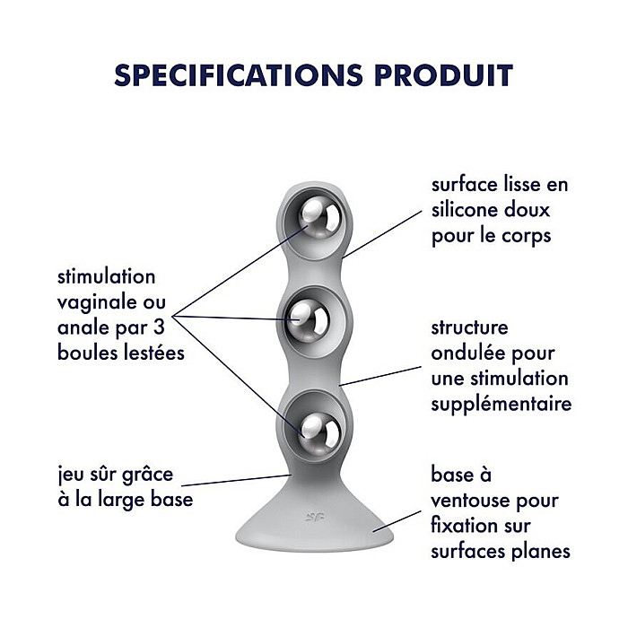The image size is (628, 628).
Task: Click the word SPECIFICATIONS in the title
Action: [239, 74]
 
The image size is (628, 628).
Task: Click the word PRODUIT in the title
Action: [443, 74]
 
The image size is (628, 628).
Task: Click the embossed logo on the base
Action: [314, 516]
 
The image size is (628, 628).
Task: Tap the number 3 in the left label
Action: [159, 327]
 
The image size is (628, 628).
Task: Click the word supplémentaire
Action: [501, 405]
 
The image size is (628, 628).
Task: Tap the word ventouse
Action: [471, 501]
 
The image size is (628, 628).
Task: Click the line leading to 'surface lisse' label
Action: [382, 234]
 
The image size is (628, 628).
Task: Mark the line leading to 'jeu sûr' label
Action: [236, 480]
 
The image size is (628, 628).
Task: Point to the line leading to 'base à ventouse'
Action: [397, 521]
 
